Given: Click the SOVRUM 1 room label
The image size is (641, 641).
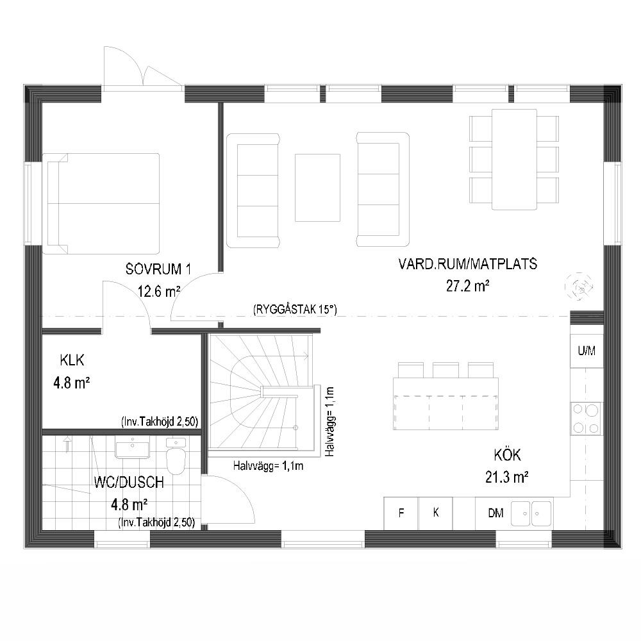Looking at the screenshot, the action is tap(158, 269).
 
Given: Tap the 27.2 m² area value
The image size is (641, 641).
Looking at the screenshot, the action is tap(468, 286).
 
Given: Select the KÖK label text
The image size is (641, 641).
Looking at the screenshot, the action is tap(507, 454).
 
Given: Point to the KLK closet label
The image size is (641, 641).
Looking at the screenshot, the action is tap(72, 360).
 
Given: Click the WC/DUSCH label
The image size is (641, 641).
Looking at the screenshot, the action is tap(129, 483).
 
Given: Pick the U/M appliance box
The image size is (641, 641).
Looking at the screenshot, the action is tap(587, 351).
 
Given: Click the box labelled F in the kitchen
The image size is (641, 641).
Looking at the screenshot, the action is tap(401, 513).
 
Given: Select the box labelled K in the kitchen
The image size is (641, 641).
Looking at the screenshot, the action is tap(436, 513).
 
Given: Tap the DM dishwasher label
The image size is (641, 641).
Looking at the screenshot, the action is tap(495, 513).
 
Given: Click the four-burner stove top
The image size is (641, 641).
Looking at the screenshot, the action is tap(587, 418).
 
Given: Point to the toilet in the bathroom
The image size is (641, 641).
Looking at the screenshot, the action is tap(176, 456).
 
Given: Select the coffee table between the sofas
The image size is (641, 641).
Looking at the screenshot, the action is tap(318, 188).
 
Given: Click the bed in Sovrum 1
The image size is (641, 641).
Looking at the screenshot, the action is tap(101, 204).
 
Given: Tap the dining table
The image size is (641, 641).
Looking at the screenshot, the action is tap(514, 160).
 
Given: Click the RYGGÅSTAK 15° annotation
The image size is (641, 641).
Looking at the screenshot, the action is tap(295, 310).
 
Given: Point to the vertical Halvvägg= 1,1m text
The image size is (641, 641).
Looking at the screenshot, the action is tap(330, 422).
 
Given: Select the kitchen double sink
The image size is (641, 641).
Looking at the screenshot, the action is tap(531, 513).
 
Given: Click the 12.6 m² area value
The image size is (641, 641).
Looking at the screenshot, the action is tap(158, 292).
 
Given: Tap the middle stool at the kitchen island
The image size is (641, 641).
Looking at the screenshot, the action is tap(445, 370).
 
